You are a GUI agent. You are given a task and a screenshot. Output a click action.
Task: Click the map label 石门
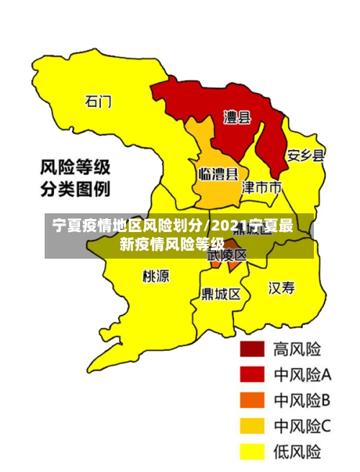click(99, 102)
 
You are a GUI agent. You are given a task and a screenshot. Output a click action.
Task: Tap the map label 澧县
click(237, 117)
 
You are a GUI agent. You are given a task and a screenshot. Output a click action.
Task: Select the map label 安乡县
click(305, 154)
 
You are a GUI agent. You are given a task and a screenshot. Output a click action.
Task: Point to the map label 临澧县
click(218, 174)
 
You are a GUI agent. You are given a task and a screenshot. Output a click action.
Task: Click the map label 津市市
click(261, 188)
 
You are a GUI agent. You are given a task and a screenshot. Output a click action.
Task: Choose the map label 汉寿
click(282, 288)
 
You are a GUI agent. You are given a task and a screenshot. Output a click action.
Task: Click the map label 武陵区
click(228, 254)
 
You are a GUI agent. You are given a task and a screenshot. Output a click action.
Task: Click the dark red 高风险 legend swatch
click(252, 349)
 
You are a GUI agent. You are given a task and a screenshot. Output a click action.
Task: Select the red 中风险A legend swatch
click(252, 375)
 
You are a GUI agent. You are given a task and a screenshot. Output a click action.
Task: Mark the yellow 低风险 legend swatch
click(252, 452)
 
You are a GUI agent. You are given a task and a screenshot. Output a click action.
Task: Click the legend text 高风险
click(297, 349)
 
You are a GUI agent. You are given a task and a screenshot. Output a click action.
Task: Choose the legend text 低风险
click(297, 452)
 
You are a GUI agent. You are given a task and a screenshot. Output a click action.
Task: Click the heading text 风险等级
click(74, 168)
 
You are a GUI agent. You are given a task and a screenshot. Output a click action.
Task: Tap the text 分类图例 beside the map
click(74, 190)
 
